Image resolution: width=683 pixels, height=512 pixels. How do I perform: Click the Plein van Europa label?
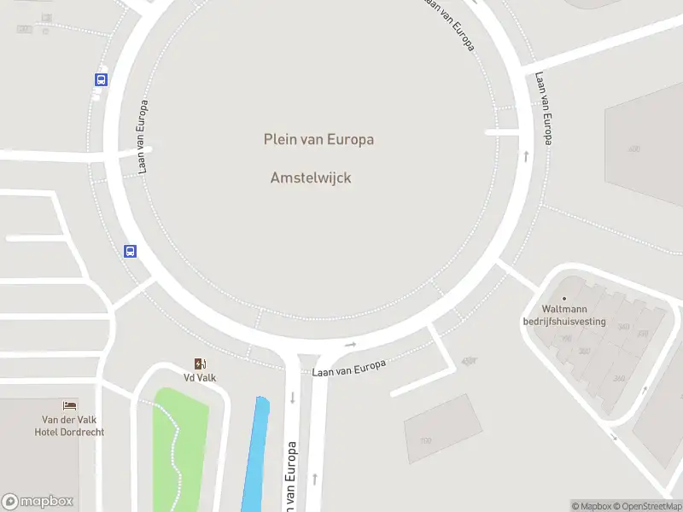[318, 139]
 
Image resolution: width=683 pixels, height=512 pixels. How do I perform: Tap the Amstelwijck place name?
[311, 177]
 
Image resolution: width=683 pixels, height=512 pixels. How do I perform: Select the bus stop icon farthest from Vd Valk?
[102, 79]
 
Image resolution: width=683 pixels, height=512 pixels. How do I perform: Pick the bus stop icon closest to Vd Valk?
[131, 251]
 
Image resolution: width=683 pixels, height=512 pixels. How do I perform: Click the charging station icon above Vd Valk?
[200, 364]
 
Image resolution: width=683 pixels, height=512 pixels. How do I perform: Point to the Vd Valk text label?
[200, 377]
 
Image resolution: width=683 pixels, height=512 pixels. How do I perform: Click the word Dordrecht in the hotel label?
[83, 432]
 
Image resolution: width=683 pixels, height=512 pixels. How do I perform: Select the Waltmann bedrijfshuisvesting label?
[563, 316]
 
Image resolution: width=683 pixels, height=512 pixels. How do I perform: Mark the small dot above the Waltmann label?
[563, 298]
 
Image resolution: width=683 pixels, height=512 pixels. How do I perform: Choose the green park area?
[180, 444]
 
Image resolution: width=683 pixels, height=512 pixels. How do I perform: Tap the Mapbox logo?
[38, 502]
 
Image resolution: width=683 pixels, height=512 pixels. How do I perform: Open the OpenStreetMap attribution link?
[648, 506]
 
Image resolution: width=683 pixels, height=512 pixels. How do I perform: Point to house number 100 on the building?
[425, 441]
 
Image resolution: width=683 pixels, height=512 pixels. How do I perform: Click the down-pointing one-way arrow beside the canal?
[292, 398]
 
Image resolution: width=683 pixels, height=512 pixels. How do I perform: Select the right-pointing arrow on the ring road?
[350, 345]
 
